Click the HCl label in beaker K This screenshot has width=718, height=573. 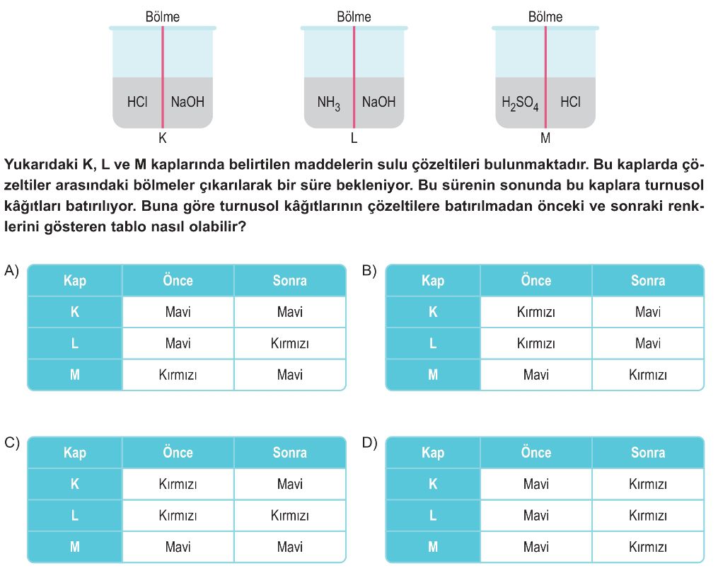point(137,102)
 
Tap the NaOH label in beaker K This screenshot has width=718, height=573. point(187,102)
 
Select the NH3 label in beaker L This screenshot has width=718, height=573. point(328,103)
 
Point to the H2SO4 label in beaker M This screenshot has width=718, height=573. point(520,103)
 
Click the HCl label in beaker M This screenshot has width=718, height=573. point(570,102)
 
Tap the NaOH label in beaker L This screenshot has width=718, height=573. point(378,102)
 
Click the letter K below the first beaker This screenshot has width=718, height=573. point(163,137)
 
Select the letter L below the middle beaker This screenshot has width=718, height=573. point(354,137)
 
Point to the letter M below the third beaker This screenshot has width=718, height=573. point(545,137)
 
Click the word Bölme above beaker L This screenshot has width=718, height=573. point(354,17)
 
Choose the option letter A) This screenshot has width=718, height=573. point(11,271)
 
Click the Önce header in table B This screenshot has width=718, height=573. point(535,281)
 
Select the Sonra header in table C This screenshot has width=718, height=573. point(289,453)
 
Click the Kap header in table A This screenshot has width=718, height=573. point(75,281)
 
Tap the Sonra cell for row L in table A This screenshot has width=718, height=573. point(289,344)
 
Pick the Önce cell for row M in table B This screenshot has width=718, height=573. point(535,375)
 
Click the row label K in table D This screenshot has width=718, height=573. point(433,485)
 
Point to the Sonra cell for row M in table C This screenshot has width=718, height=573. point(289,547)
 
